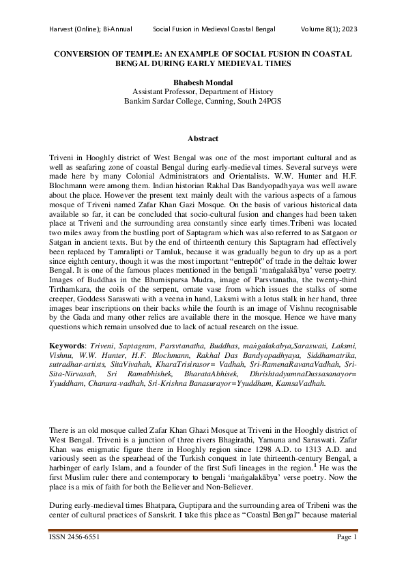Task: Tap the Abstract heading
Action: pos(203,138)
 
